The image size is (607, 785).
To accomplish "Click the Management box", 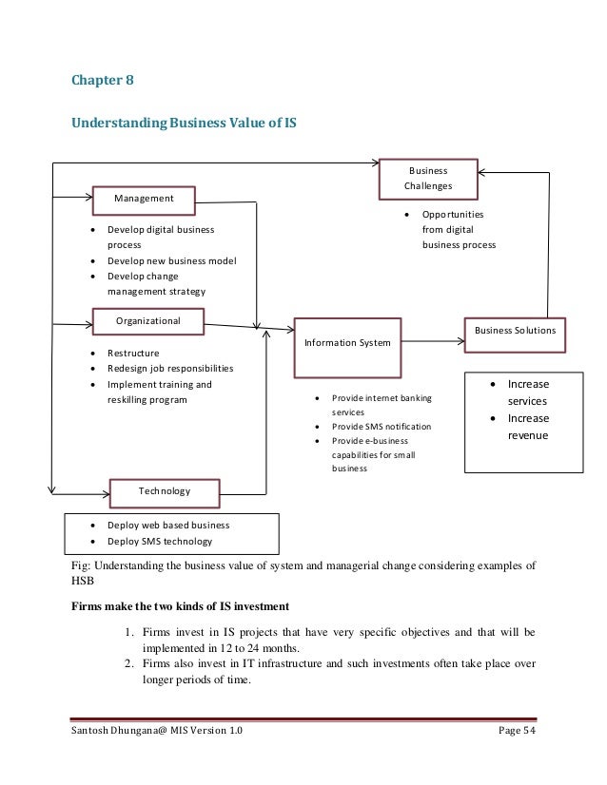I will click(x=144, y=200).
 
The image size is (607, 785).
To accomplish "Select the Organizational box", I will click(x=148, y=322).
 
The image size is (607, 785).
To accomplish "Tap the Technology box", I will click(x=165, y=491).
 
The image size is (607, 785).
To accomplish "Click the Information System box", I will click(x=346, y=342).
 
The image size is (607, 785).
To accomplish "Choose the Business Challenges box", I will click(x=428, y=178).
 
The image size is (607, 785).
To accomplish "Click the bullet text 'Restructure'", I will click(x=133, y=354).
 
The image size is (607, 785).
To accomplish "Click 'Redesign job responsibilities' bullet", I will click(x=170, y=369).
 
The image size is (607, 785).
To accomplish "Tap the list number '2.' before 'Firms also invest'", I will click(x=130, y=664).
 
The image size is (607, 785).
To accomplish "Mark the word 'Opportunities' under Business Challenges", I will click(x=453, y=215).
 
